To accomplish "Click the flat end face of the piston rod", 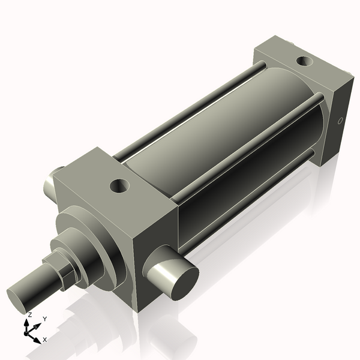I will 19,296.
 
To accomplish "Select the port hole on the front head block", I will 119,186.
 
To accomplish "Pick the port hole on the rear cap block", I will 305,61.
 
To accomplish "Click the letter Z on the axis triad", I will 29,314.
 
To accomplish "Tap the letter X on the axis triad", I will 45,340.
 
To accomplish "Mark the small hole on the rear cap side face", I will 341,121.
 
